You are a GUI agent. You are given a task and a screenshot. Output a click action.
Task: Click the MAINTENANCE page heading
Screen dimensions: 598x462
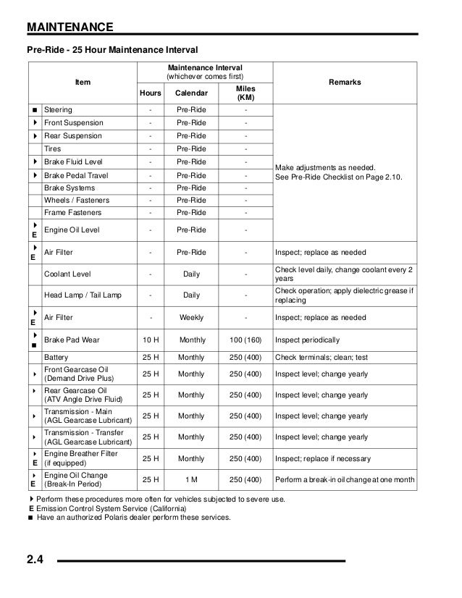[70, 28]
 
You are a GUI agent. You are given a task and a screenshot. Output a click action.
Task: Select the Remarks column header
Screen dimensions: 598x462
[345, 83]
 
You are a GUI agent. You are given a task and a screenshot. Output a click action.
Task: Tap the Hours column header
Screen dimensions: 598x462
[150, 93]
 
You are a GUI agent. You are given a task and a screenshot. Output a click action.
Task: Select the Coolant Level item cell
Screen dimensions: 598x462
[69, 275]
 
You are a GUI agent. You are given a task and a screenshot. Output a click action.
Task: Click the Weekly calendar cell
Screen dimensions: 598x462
[191, 318]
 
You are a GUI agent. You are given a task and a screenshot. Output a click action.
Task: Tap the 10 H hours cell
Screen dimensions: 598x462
[150, 340]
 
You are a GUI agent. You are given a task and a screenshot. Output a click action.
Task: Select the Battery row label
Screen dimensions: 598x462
[57, 358]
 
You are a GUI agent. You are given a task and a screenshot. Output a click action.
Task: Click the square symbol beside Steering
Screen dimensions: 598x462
[34, 110]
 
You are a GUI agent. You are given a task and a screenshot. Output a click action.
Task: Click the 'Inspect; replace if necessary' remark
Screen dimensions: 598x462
[323, 459]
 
